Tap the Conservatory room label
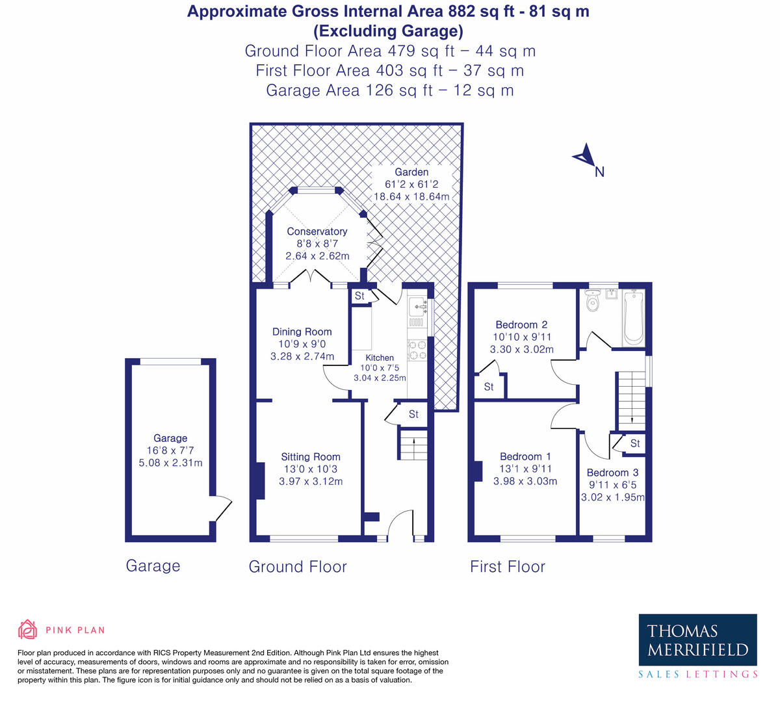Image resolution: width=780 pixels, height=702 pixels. coord(317,231)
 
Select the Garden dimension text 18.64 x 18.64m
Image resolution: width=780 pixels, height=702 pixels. coord(411,196)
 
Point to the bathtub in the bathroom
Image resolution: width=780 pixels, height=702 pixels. coord(632,318)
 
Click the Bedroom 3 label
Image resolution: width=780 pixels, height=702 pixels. coord(612,473)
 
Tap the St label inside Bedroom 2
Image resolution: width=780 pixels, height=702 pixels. coord(489,387)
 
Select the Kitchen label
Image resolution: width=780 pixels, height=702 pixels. coord(380,357)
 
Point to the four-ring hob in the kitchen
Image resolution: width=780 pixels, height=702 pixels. coord(417,350)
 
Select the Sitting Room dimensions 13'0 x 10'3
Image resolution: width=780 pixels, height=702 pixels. coord(311,469)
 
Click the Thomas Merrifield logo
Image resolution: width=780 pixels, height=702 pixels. coord(697,647)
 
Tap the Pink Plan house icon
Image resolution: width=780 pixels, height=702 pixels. coord(27,629)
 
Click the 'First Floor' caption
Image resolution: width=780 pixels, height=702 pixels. coord(508,567)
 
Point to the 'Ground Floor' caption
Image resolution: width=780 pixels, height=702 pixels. coord(298,567)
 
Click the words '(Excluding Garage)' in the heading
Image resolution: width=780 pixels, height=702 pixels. coord(388,31)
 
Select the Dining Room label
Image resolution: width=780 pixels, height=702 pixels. coord(302,331)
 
